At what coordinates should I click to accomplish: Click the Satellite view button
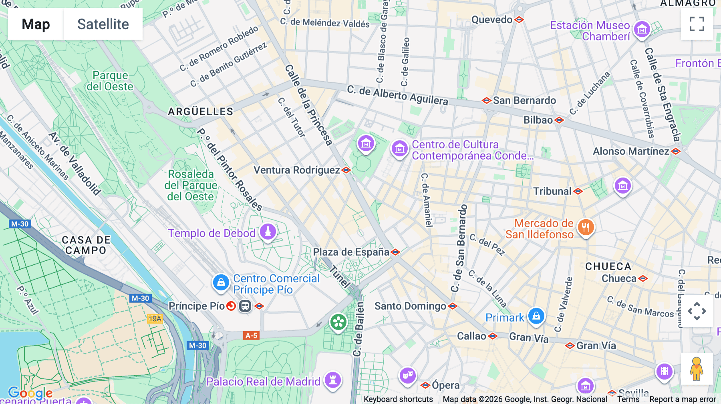103,24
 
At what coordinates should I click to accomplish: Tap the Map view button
36,24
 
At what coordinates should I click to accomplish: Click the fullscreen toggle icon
697,24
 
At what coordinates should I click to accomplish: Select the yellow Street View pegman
697,369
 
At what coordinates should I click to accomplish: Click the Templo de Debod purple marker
268,232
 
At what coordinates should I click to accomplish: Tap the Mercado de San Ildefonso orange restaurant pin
586,228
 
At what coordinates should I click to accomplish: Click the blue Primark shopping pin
536,316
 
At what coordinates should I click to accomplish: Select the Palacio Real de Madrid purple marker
333,380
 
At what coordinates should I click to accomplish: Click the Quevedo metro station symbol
519,20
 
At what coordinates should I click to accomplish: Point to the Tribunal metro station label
552,191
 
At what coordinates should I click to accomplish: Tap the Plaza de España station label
351,252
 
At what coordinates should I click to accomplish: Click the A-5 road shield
251,336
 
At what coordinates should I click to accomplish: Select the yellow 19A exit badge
155,319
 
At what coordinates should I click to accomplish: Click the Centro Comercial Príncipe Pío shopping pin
221,282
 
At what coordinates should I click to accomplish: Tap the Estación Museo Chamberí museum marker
642,29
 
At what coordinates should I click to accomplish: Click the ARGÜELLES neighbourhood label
200,112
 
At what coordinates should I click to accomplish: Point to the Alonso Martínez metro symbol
676,151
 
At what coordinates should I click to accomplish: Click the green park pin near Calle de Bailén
338,322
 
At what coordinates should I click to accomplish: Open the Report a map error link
683,399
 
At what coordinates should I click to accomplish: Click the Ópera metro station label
445,385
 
